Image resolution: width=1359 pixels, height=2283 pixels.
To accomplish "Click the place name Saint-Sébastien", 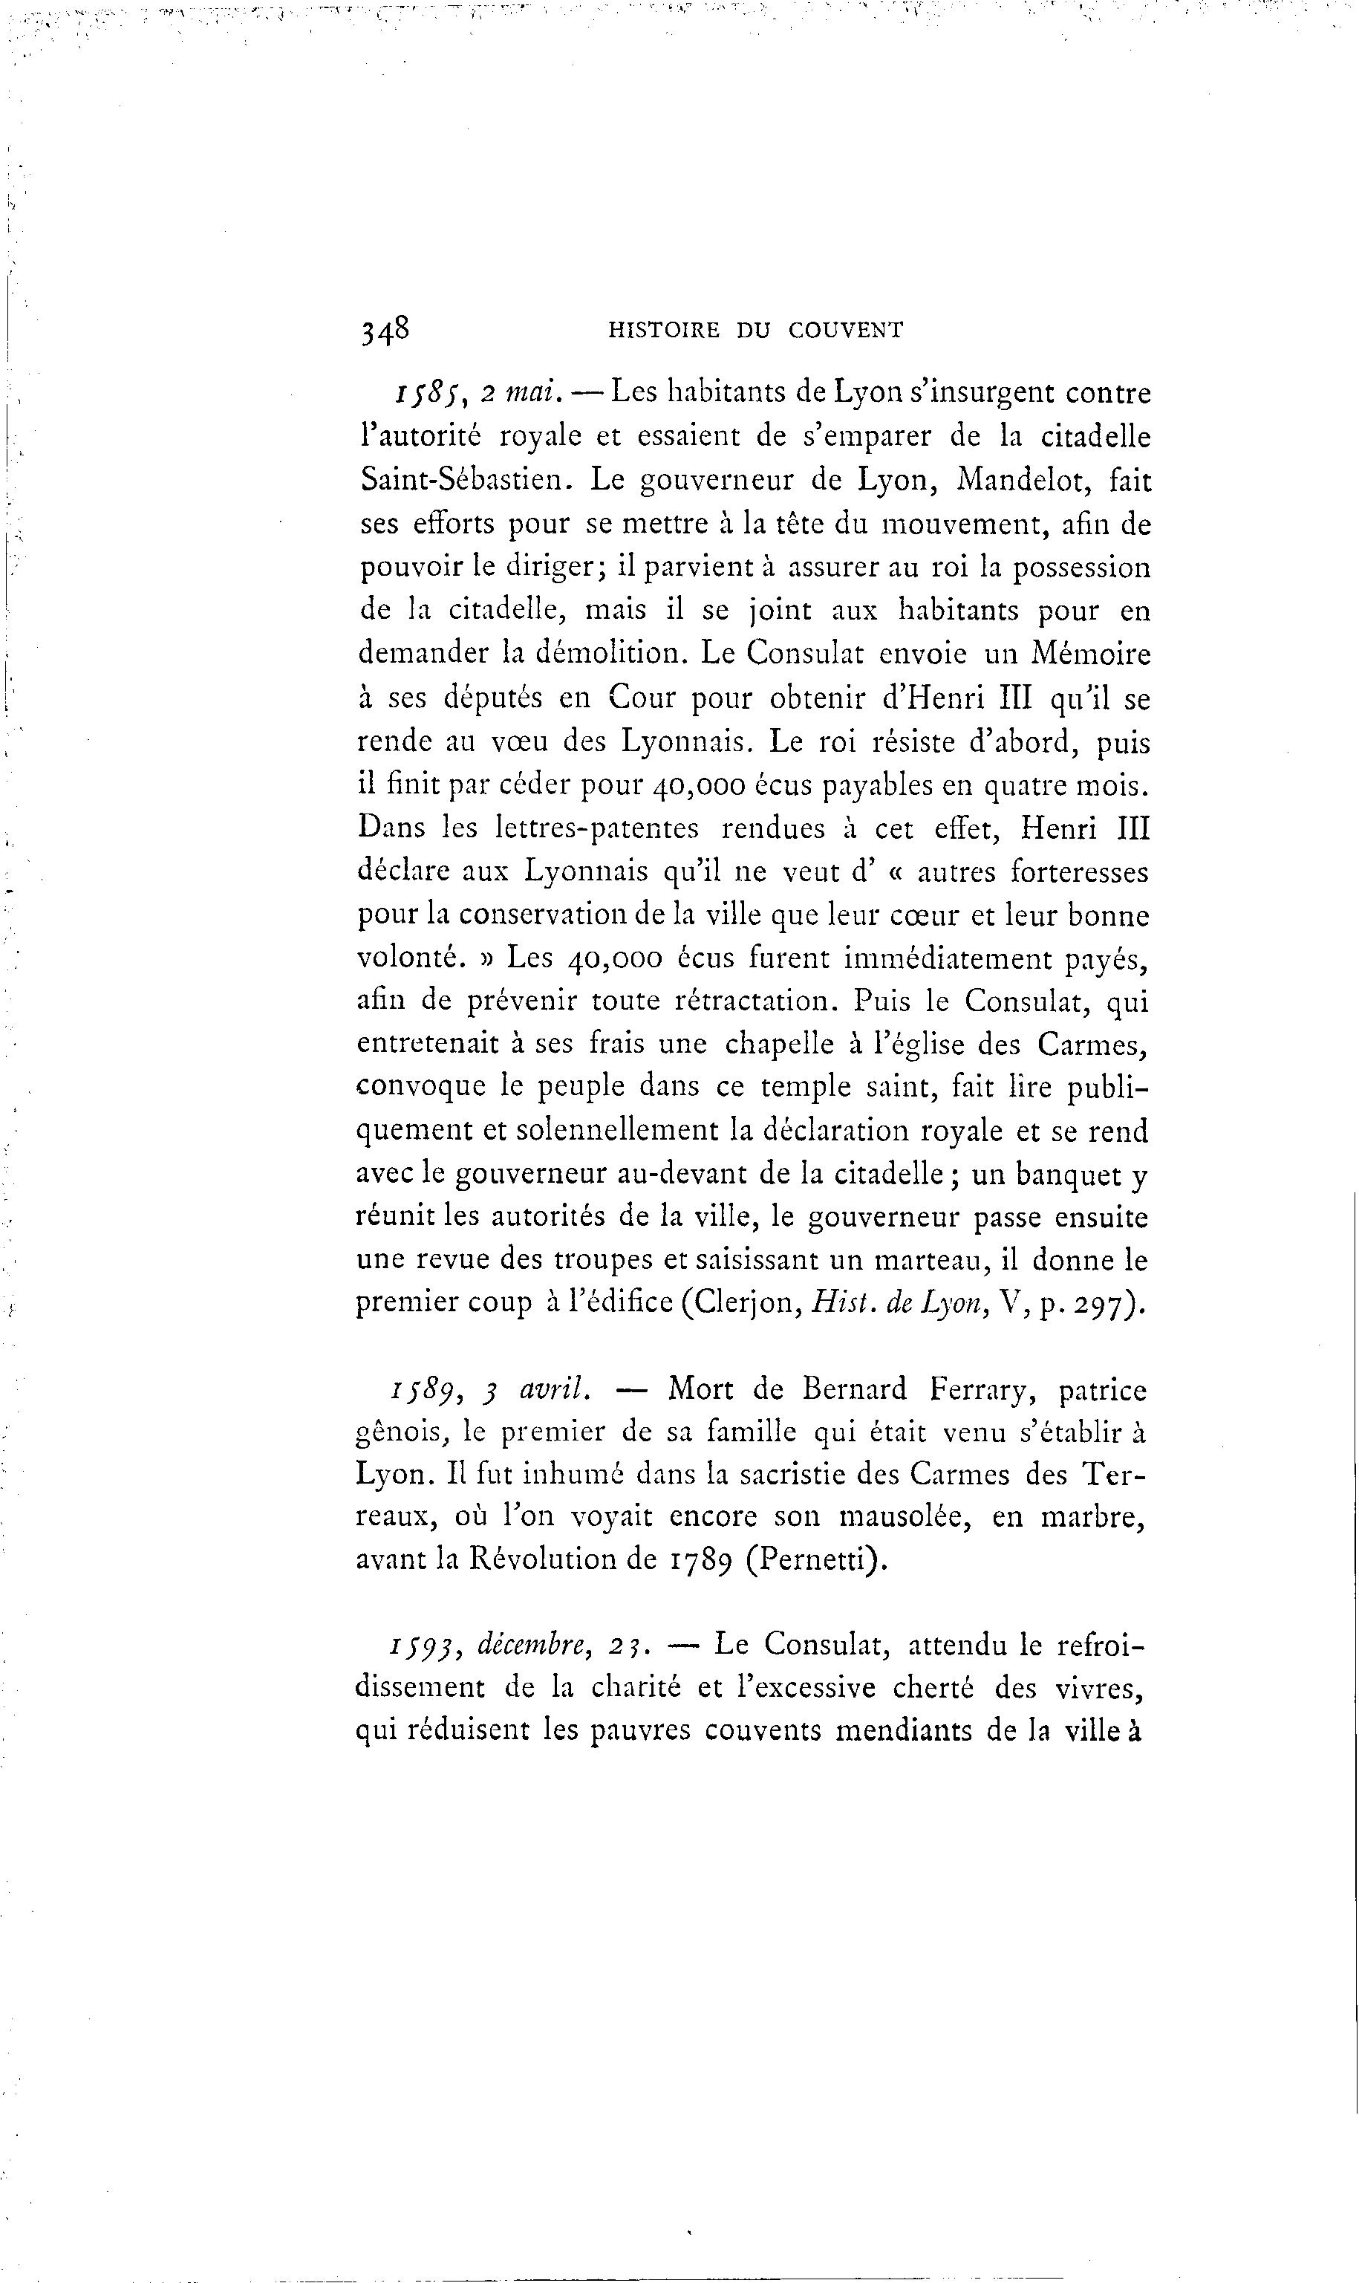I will click(465, 479).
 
